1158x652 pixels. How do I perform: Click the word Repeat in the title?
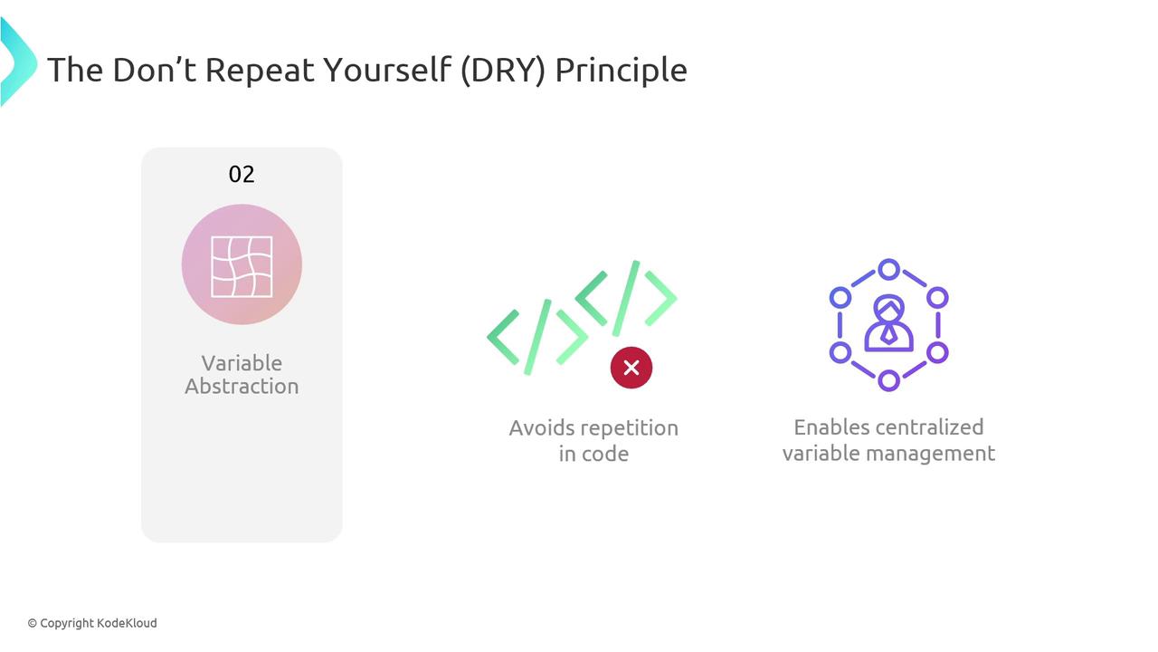[x=260, y=71]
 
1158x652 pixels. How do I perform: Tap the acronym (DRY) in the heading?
[x=502, y=70]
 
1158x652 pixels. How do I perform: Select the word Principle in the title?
[x=621, y=71]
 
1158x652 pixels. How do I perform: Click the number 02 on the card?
[x=242, y=175]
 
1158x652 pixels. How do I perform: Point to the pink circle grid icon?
[x=242, y=264]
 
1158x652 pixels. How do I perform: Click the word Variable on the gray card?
[x=242, y=363]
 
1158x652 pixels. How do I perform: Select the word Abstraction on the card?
[x=242, y=387]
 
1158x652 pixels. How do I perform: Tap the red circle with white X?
[x=631, y=368]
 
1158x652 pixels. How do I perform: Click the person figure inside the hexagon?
[x=888, y=323]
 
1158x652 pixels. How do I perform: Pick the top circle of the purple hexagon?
[x=888, y=270]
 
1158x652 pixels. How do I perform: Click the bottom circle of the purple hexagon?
[x=888, y=381]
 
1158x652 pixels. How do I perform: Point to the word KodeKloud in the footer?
[x=127, y=623]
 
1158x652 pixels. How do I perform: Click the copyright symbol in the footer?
[x=32, y=624]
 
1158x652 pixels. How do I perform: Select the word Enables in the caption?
[x=824, y=428]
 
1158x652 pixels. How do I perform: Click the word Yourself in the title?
[x=387, y=70]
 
